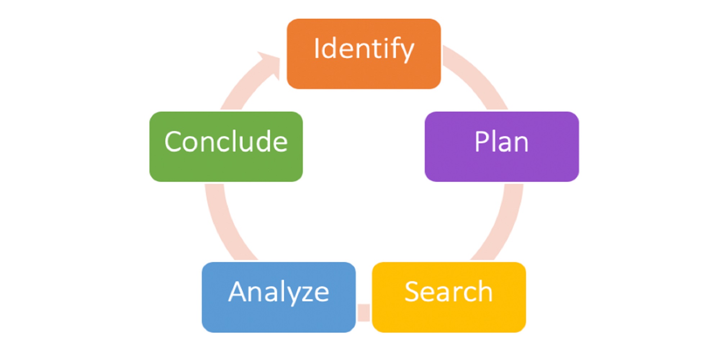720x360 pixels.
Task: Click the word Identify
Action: tap(364, 49)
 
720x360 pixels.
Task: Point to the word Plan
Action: tap(501, 142)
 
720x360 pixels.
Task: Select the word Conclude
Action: tap(226, 142)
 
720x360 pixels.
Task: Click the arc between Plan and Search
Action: tap(504, 223)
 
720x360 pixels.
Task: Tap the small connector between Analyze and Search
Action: tap(364, 312)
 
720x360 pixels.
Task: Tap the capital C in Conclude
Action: tap(174, 142)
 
